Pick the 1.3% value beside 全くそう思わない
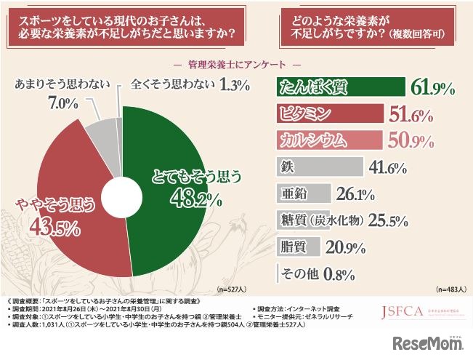point(235,86)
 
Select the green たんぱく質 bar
point(341,88)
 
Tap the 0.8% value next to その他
point(339,274)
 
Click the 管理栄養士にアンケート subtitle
point(236,63)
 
